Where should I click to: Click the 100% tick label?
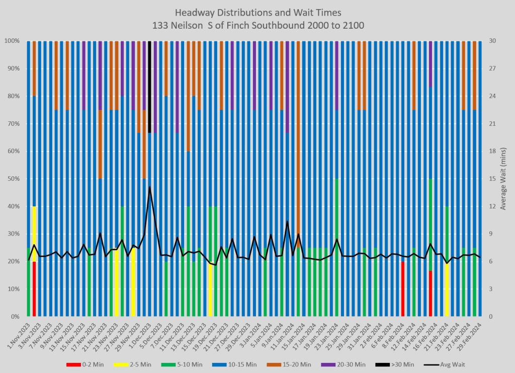click(x=12, y=41)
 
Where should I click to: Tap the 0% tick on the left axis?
click(x=15, y=317)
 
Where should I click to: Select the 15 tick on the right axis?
click(x=492, y=179)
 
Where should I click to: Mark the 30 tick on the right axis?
click(x=492, y=41)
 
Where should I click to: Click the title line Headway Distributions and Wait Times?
click(x=257, y=12)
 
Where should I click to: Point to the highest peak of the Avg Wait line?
click(x=149, y=187)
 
